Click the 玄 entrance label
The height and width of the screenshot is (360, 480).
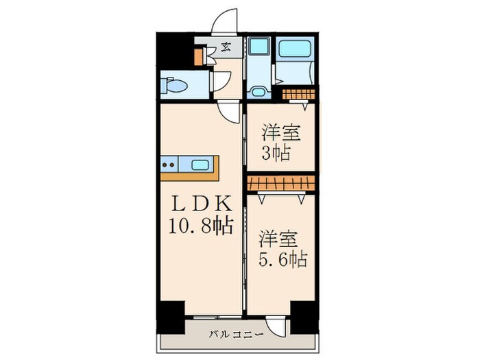225,49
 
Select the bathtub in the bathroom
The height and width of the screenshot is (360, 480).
294,49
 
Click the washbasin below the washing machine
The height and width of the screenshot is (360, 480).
258,90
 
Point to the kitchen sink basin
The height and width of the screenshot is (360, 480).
201,165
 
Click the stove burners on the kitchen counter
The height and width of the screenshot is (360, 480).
169,165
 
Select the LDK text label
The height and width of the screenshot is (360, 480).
202,204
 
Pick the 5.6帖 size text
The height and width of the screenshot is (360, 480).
282,260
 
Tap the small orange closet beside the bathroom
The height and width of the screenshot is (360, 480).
299,93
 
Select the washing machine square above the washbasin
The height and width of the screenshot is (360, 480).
259,48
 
